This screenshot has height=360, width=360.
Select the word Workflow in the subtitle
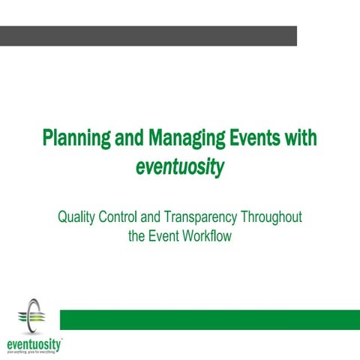(207, 237)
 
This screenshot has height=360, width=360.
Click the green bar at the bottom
(209, 319)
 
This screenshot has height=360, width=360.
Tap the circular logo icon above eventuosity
(31, 315)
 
